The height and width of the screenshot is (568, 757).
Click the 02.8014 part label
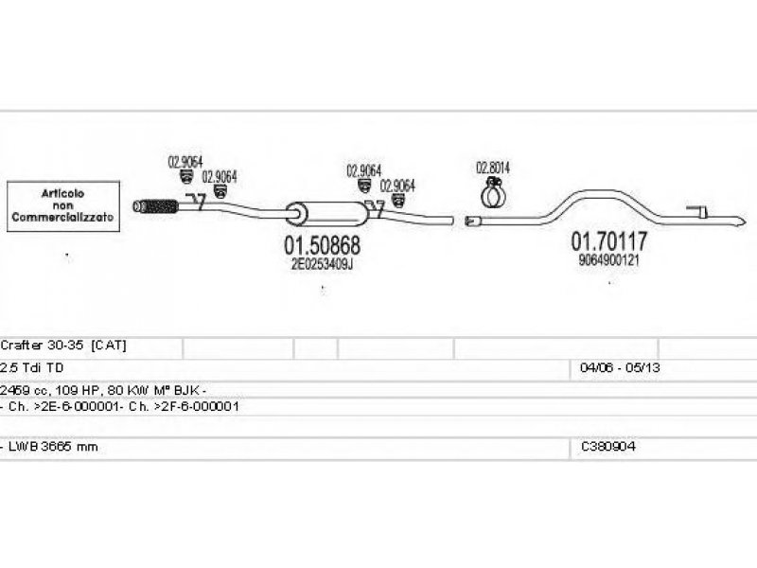coord(492,168)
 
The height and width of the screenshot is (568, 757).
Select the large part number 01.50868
coord(322,245)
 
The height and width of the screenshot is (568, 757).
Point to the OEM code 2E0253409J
coord(322,264)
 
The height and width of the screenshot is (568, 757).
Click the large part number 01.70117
coord(607,240)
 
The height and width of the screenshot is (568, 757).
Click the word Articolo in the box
coord(62,193)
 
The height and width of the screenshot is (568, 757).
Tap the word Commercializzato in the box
coord(62,218)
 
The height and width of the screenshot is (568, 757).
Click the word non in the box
coord(62,205)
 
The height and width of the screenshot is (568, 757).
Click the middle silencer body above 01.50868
coord(312,213)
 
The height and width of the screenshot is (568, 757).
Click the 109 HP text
coord(80,389)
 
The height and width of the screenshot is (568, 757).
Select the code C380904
coord(608,447)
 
